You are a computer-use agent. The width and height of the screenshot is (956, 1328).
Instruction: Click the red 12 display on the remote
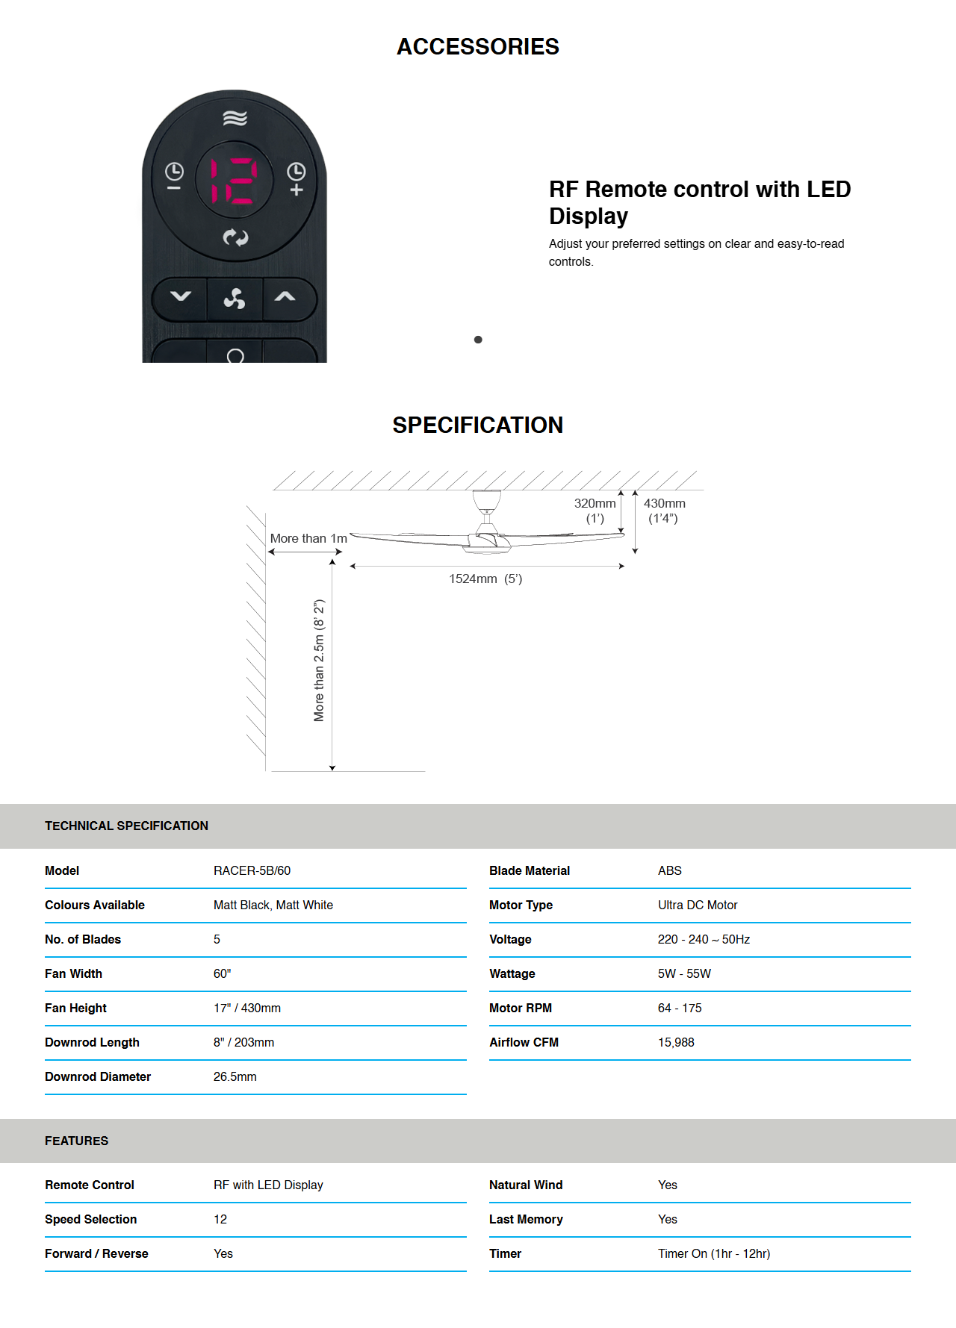coord(235,181)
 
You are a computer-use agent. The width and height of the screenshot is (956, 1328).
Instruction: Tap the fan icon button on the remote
coord(235,299)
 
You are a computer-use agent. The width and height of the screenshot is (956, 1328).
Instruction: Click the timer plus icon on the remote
coord(297,179)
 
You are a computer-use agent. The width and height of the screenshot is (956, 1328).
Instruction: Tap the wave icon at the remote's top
coord(235,118)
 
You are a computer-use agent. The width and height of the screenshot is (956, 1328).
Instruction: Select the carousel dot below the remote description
coord(478,340)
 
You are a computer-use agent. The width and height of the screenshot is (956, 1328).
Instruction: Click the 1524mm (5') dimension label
coord(485,579)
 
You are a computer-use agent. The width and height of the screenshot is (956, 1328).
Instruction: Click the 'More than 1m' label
coord(308,538)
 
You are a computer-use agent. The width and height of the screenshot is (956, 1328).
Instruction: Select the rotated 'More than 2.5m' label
coord(319,660)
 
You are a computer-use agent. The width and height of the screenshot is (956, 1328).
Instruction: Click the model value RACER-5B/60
coord(252,870)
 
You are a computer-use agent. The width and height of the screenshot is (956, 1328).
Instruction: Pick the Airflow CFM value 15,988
coord(676,1042)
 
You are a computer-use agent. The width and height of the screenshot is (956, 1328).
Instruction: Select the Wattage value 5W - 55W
coord(684,973)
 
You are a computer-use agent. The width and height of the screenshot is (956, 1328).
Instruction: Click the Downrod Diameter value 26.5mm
coord(235,1076)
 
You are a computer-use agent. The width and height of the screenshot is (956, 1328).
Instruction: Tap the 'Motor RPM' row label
coord(521,1008)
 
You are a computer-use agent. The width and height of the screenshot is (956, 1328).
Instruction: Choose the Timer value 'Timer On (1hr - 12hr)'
coord(713,1253)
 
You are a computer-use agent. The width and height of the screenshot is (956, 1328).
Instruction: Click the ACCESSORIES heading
coord(478,46)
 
